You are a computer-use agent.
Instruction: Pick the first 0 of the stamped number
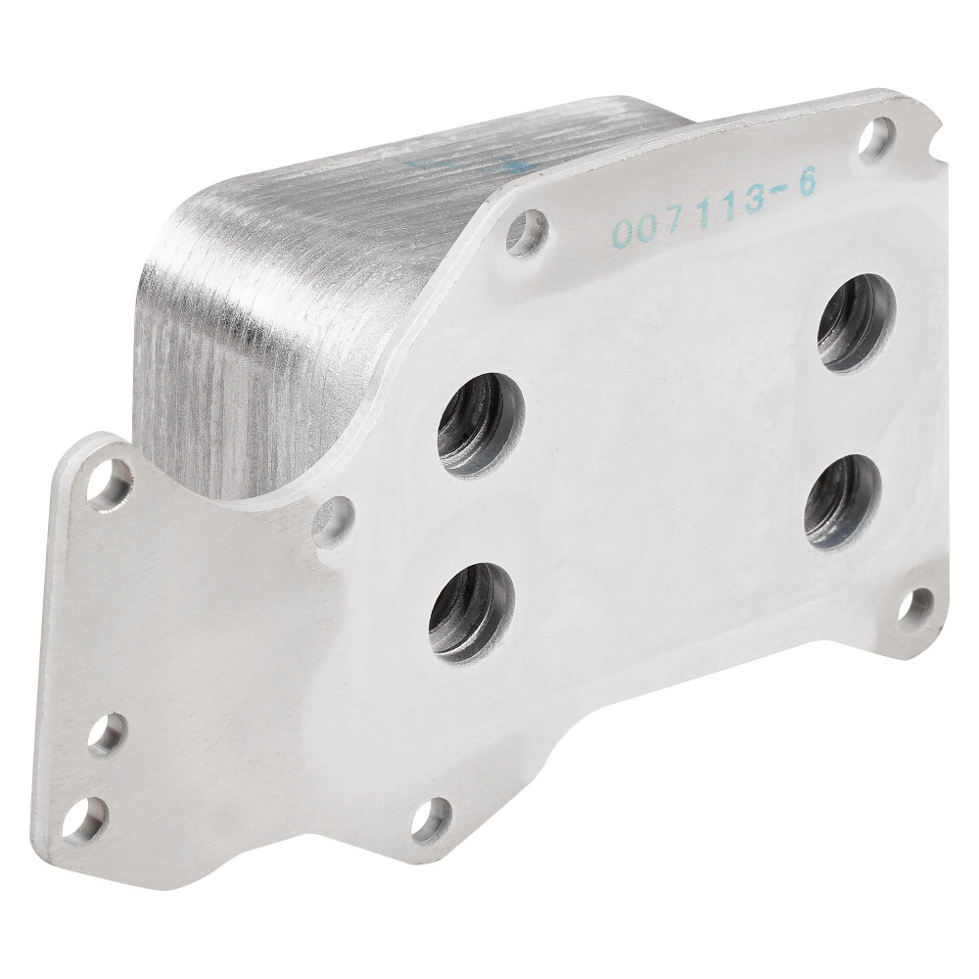click(x=624, y=232)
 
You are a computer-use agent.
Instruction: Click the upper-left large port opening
click(x=481, y=425)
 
